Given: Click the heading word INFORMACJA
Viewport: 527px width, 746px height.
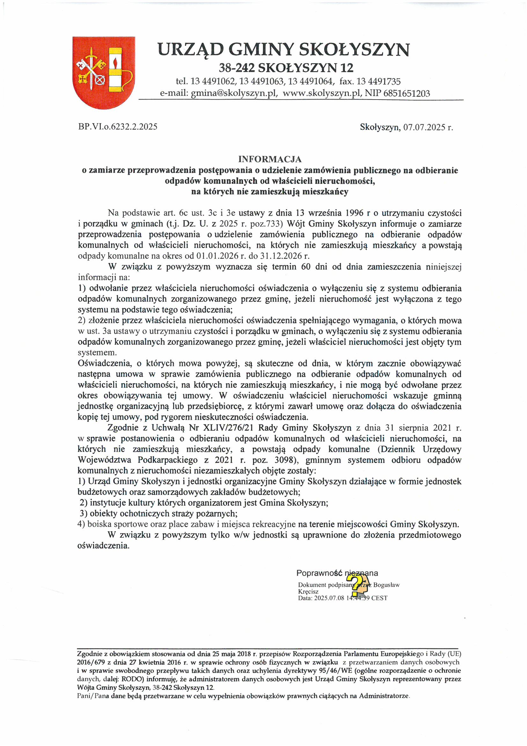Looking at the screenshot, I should (269, 159).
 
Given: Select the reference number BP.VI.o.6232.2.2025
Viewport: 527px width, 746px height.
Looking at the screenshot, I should (118, 127).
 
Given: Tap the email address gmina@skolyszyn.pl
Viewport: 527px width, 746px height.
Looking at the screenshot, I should (234, 93).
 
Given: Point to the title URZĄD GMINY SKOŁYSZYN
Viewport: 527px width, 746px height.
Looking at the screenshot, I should (283, 50).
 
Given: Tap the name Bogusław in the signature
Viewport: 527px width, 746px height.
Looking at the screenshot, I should (386, 585).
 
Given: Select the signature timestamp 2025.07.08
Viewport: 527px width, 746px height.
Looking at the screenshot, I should (329, 598).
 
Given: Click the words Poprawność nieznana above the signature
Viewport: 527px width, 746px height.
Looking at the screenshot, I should (337, 573).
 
